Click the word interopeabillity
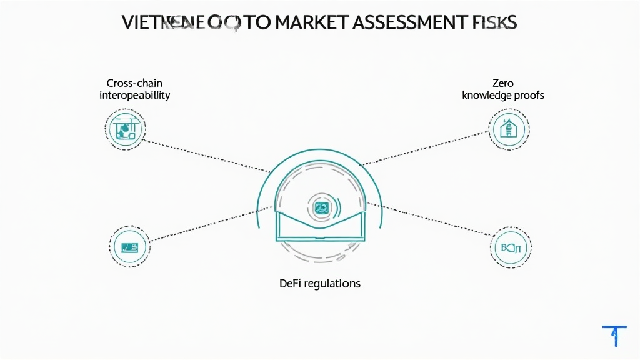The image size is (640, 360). [x=134, y=95]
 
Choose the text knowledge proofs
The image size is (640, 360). [x=502, y=95]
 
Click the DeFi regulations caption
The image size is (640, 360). [x=320, y=283]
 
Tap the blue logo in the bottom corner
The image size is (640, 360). [x=614, y=334]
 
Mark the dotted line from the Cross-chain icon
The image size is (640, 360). [x=206, y=156]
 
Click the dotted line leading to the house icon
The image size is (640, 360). [x=425, y=149]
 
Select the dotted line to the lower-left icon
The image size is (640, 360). [x=209, y=222]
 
